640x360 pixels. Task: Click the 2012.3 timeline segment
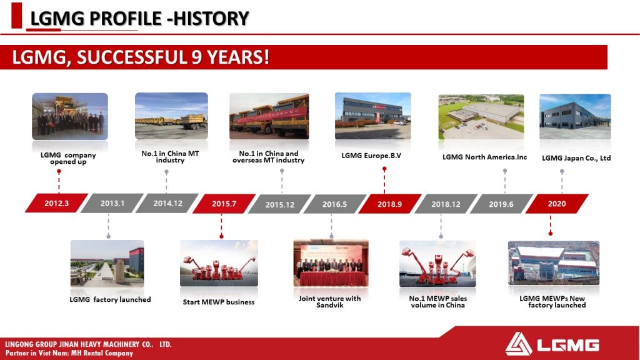(x=57, y=203)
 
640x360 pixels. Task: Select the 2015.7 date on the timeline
(x=224, y=204)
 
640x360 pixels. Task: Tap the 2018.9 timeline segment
(x=390, y=204)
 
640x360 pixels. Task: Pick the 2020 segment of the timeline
(x=557, y=204)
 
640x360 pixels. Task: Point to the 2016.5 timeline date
(x=335, y=204)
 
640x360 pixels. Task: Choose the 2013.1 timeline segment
(x=112, y=203)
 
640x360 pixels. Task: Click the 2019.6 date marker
(x=501, y=204)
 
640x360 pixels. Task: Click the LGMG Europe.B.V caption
(x=371, y=156)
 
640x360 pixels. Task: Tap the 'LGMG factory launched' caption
(x=110, y=299)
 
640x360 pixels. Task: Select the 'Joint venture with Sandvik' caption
(x=330, y=302)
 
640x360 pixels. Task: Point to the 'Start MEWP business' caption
(x=219, y=302)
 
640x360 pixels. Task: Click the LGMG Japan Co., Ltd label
(x=576, y=158)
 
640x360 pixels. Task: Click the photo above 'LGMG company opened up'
(x=70, y=117)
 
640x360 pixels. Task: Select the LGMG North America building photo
(x=481, y=117)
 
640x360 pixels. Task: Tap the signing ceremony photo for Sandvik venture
(x=331, y=263)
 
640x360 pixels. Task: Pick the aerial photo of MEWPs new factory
(x=554, y=263)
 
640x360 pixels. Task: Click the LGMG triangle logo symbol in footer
(x=518, y=344)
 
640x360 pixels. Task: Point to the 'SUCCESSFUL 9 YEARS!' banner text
(x=173, y=57)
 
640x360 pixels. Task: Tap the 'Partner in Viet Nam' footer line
(x=69, y=353)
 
